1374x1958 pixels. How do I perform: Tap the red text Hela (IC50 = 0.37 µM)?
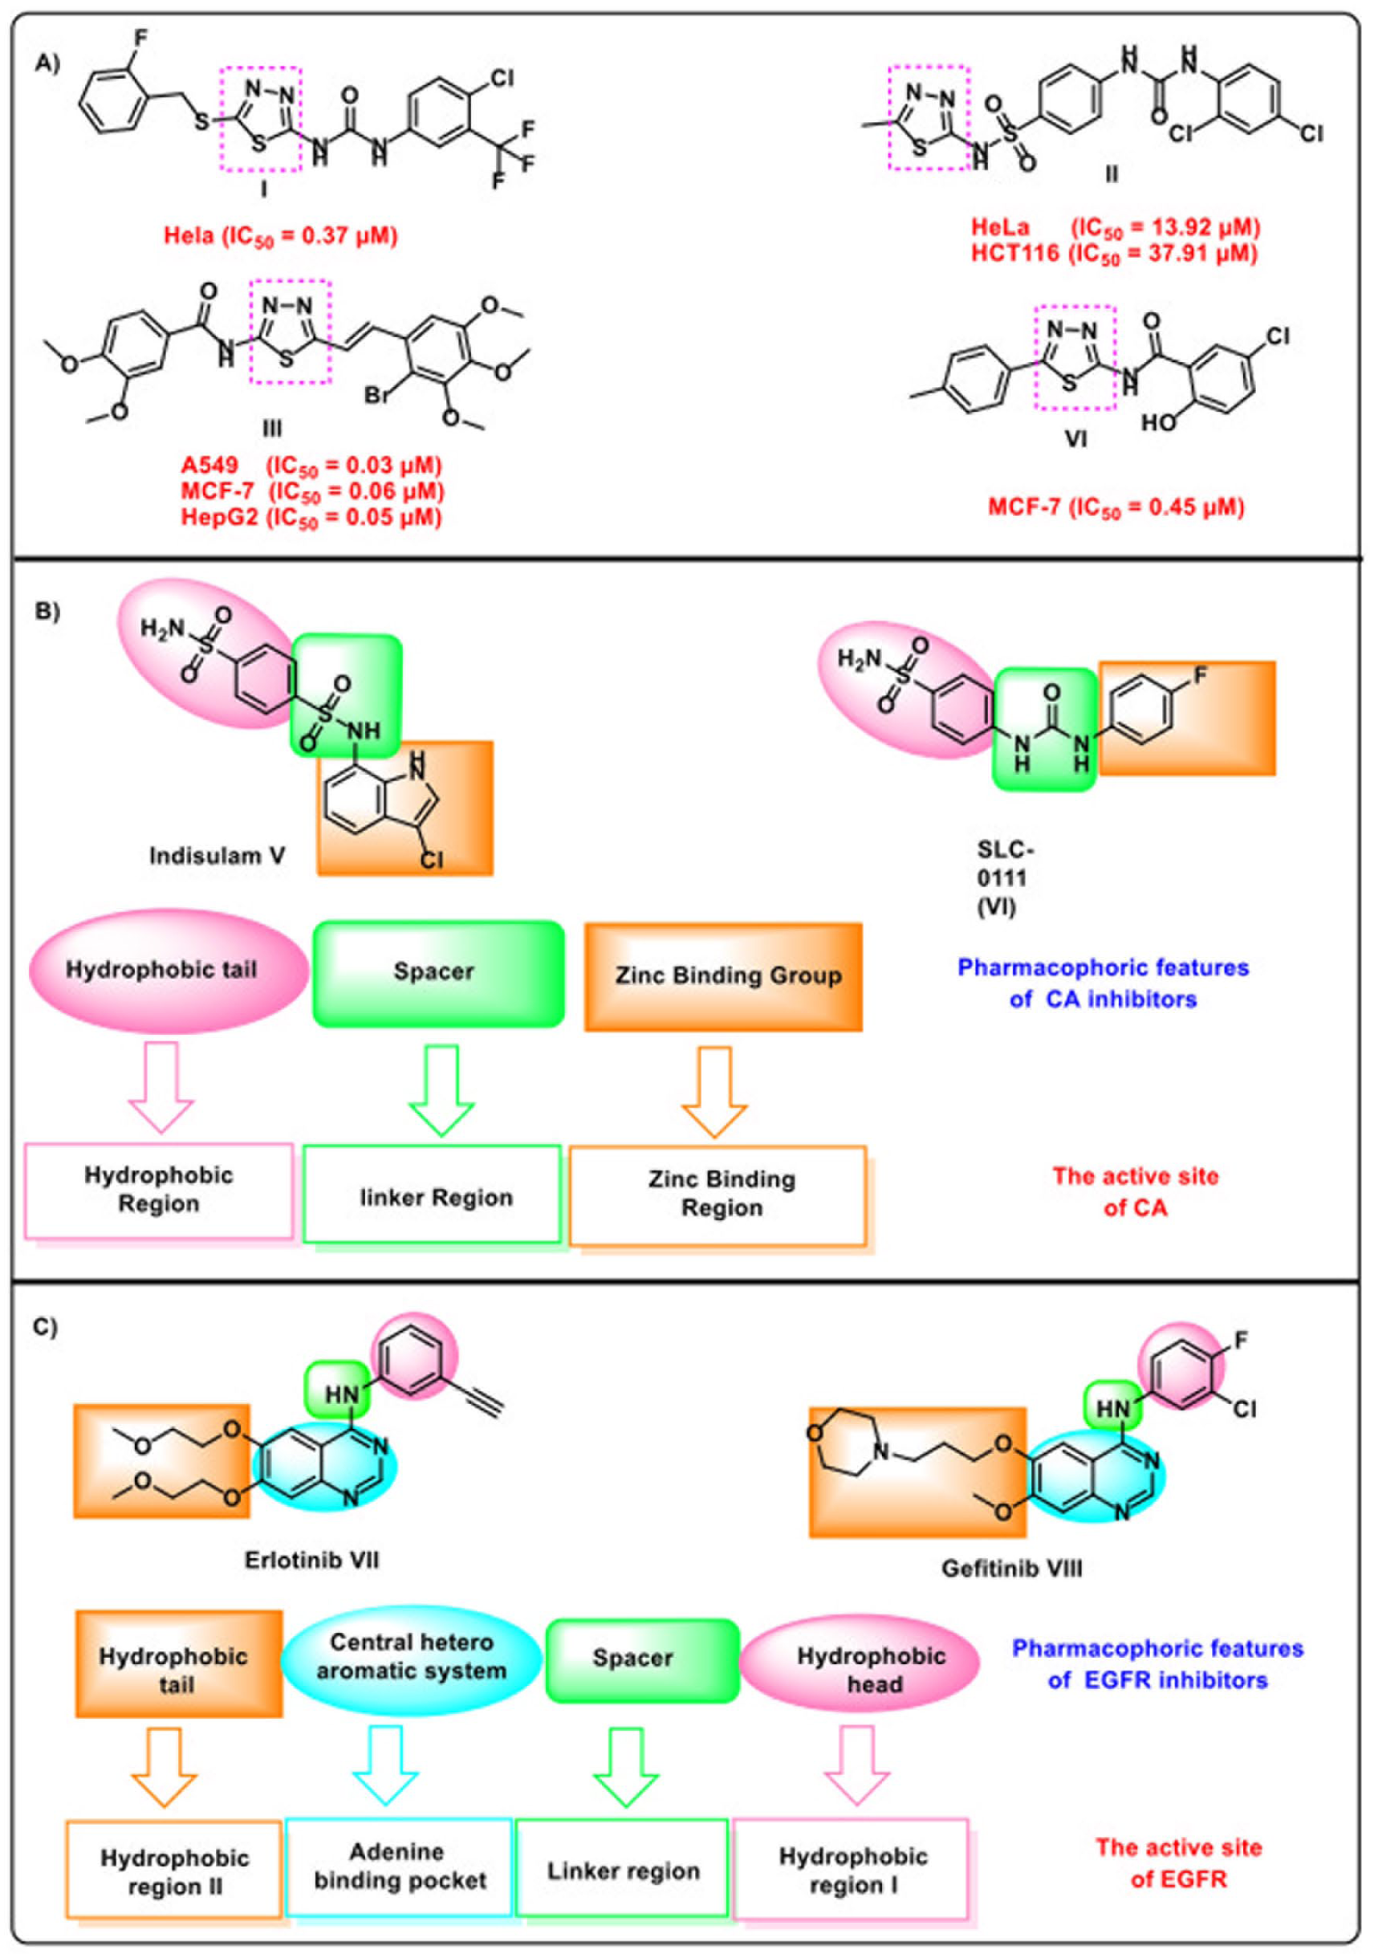[281, 235]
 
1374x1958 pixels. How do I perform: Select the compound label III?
[272, 427]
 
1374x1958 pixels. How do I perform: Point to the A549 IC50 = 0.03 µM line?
[312, 466]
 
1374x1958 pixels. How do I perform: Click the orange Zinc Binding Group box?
[723, 976]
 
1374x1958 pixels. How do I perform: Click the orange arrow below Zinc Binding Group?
[714, 1092]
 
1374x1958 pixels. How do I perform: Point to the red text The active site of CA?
[1136, 1191]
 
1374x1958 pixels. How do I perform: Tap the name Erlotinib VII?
[312, 1560]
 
